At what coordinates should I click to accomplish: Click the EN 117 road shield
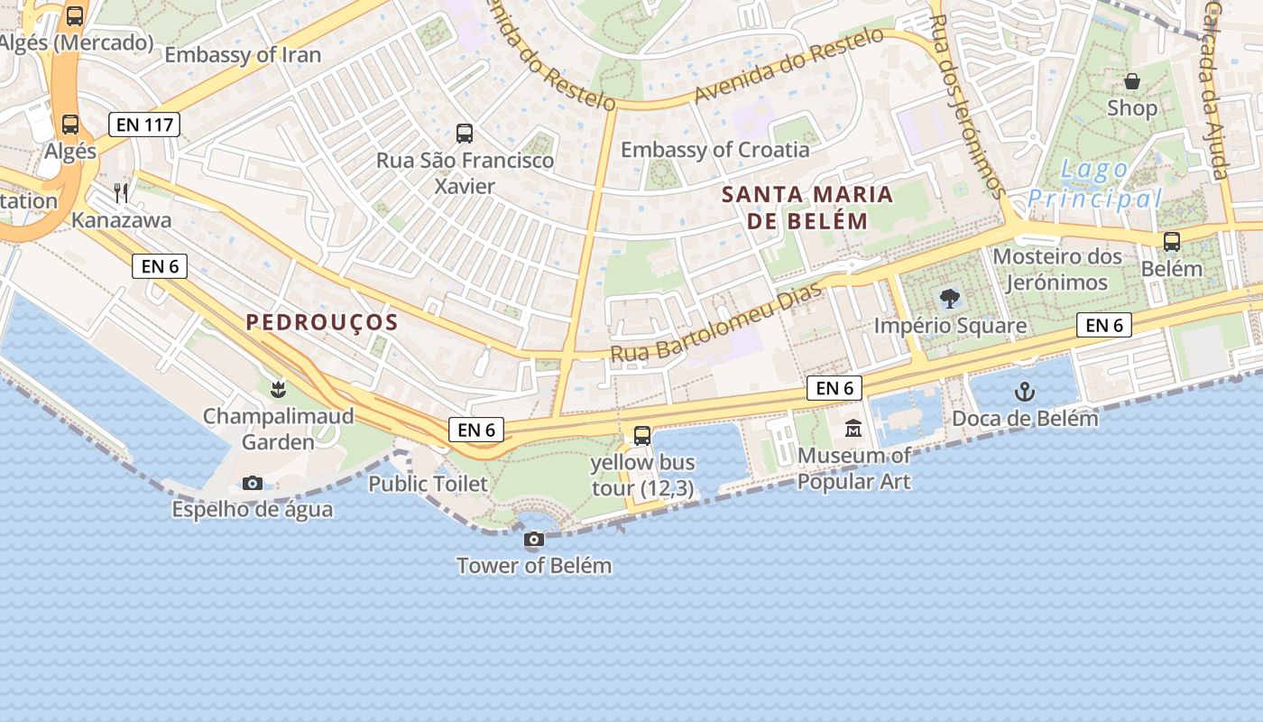click(x=144, y=125)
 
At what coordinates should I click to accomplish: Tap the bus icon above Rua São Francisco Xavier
click(x=465, y=134)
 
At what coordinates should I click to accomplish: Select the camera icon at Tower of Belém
click(x=534, y=540)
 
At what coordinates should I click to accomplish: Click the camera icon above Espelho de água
click(x=253, y=484)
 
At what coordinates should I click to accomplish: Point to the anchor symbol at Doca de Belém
click(x=1024, y=392)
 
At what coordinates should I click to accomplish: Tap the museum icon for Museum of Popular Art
click(x=853, y=429)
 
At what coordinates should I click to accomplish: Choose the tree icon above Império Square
click(x=949, y=299)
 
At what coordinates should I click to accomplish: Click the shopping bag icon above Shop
click(x=1132, y=81)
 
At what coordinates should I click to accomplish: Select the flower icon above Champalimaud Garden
click(x=278, y=390)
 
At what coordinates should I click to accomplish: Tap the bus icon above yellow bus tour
click(x=642, y=436)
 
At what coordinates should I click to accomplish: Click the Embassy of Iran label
click(x=243, y=55)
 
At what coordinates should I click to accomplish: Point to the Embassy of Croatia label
click(x=715, y=150)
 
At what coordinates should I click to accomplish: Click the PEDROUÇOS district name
click(x=322, y=322)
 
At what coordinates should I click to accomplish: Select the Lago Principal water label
click(x=1094, y=184)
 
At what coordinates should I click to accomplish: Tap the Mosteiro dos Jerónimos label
click(x=1057, y=269)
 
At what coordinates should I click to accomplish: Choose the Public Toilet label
click(x=428, y=484)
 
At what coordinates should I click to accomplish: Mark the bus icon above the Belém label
click(x=1172, y=242)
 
